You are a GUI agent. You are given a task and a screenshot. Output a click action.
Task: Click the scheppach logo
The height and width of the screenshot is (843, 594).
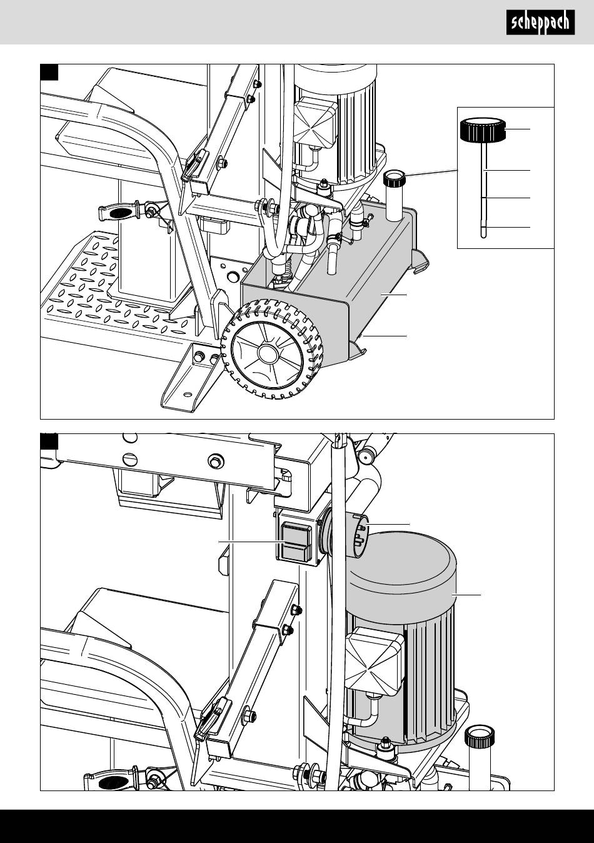click(540, 23)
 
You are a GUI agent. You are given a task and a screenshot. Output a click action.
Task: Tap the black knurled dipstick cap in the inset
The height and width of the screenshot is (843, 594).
click(482, 130)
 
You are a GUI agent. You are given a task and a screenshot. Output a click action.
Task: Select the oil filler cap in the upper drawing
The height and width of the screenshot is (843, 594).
click(393, 178)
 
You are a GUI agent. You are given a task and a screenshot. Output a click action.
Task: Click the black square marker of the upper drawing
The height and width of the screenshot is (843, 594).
click(49, 73)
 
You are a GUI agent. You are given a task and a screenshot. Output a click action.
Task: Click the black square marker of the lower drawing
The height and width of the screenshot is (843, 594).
click(49, 442)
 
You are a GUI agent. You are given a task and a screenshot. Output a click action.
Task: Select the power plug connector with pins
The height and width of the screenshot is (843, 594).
click(360, 530)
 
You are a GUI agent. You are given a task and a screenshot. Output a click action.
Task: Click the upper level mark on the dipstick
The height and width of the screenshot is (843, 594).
click(486, 171)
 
